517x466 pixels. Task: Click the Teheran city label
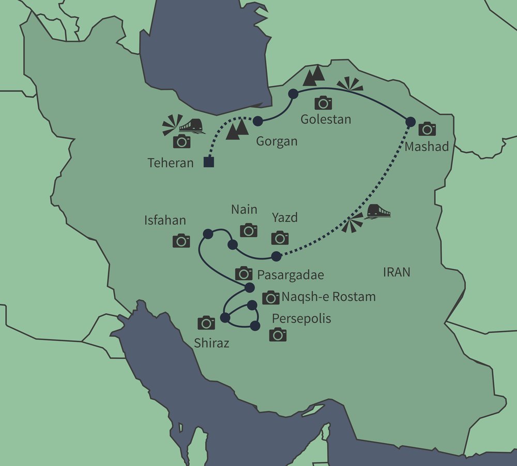(171, 163)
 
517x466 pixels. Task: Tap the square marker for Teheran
(209, 163)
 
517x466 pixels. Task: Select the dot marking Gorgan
(258, 121)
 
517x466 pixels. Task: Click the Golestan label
(326, 119)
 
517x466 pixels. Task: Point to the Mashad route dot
(410, 122)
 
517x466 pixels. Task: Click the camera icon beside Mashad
(427, 128)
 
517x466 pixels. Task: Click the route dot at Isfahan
(208, 235)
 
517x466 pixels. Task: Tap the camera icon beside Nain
(249, 230)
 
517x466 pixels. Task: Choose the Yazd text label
(285, 217)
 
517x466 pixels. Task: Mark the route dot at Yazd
(277, 256)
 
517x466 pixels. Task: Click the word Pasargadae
(290, 275)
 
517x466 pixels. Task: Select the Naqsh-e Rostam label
(328, 297)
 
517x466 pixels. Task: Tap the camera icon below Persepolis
(278, 334)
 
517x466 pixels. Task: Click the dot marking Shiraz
(225, 318)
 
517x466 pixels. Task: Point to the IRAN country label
(397, 272)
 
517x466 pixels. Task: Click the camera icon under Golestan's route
(324, 103)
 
